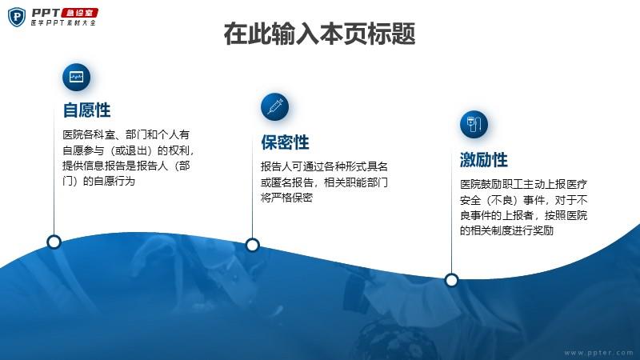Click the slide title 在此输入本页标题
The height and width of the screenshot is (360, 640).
319,34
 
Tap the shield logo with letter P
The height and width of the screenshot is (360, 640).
17,17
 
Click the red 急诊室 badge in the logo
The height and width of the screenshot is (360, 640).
79,13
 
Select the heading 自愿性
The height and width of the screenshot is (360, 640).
86,110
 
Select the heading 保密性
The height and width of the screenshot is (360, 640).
285,142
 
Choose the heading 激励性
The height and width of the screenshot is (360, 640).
484,159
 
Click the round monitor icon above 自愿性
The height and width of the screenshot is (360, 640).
76,77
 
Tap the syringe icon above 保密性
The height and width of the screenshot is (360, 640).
274,107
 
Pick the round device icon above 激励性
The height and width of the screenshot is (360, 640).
474,124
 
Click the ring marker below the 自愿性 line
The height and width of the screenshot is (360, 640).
54,242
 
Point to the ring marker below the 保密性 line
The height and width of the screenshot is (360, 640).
253,245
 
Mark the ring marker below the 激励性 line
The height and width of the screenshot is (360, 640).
451,281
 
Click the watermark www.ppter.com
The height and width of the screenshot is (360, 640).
598,353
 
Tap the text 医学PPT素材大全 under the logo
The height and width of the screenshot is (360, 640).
63,23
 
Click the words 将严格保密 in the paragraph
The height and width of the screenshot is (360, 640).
286,198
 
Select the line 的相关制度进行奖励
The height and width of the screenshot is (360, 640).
506,230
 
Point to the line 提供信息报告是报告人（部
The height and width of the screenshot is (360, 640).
126,166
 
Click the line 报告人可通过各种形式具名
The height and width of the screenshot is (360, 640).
324,166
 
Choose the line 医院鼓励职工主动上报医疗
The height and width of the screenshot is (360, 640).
524,185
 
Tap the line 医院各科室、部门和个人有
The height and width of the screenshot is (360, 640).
126,134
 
